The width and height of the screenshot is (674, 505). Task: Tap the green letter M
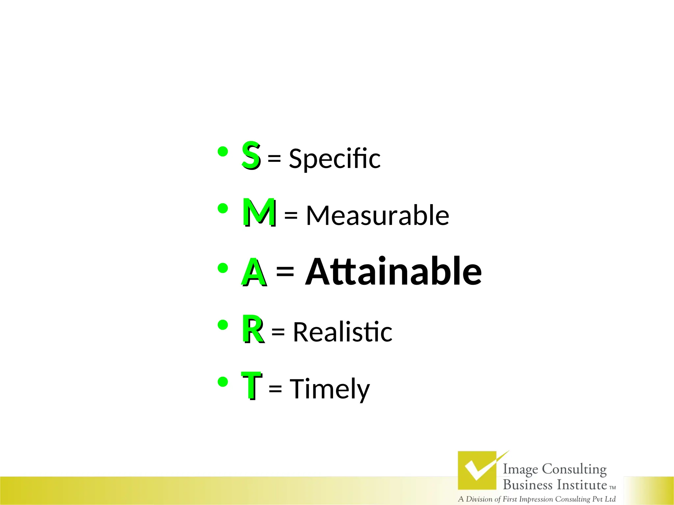(x=259, y=212)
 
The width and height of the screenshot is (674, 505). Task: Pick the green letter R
(x=253, y=329)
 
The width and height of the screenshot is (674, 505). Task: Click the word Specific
(x=334, y=158)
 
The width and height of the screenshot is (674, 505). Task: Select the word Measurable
(x=377, y=215)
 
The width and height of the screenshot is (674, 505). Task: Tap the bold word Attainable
(x=394, y=272)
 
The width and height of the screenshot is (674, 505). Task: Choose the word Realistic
(x=343, y=332)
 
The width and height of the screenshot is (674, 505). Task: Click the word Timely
(x=330, y=389)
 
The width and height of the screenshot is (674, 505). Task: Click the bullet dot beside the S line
(x=223, y=152)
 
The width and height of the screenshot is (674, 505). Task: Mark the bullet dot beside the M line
(x=223, y=208)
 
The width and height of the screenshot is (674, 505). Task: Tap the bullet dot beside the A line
(x=223, y=268)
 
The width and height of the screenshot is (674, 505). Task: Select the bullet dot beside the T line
(x=223, y=382)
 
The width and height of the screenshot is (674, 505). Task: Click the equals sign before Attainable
(x=285, y=271)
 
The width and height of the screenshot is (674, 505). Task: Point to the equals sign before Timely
(x=275, y=389)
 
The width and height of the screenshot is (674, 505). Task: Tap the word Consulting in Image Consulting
(x=574, y=469)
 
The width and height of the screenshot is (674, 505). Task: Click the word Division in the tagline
(x=479, y=499)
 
